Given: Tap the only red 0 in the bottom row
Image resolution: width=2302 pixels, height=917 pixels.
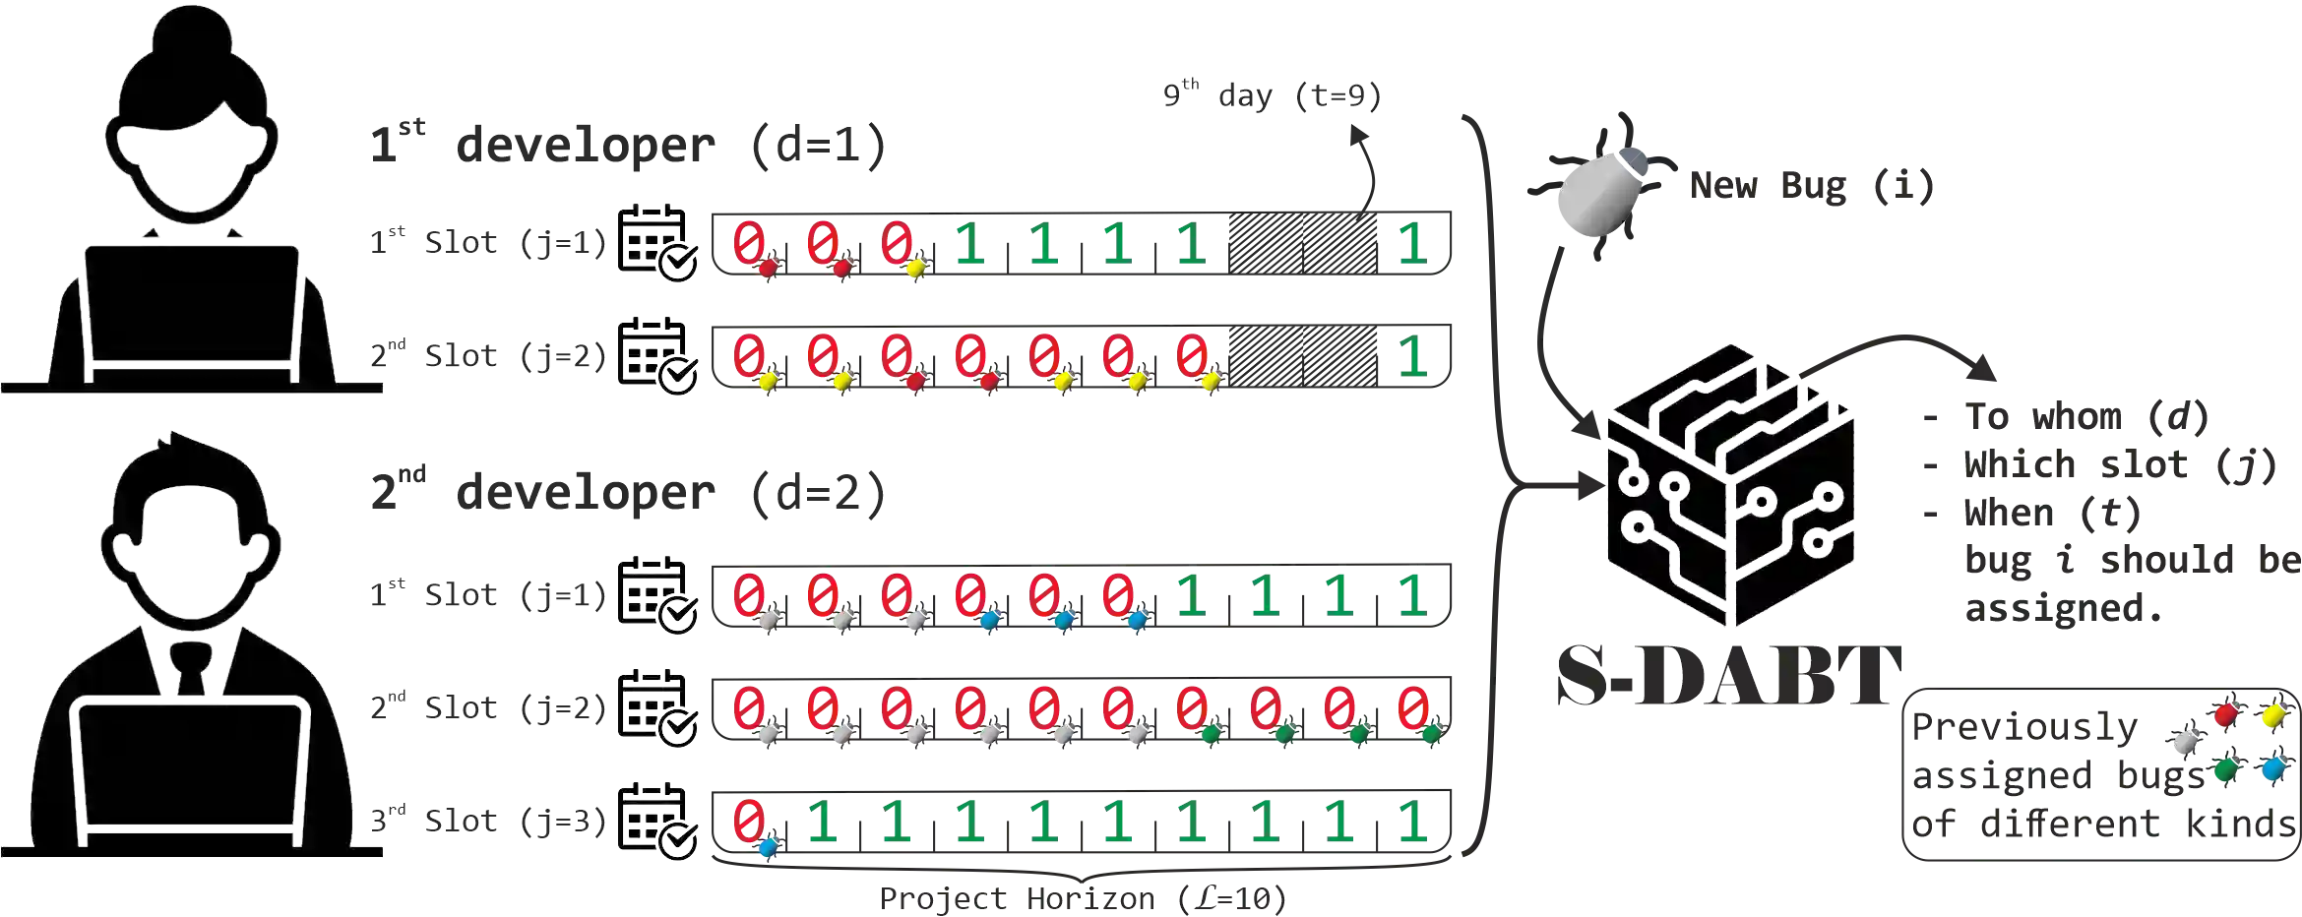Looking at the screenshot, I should click(x=750, y=819).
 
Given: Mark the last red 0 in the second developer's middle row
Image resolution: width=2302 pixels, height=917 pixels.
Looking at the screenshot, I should click(x=1413, y=707).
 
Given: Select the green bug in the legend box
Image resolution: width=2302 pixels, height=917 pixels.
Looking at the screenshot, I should click(x=2220, y=773).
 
